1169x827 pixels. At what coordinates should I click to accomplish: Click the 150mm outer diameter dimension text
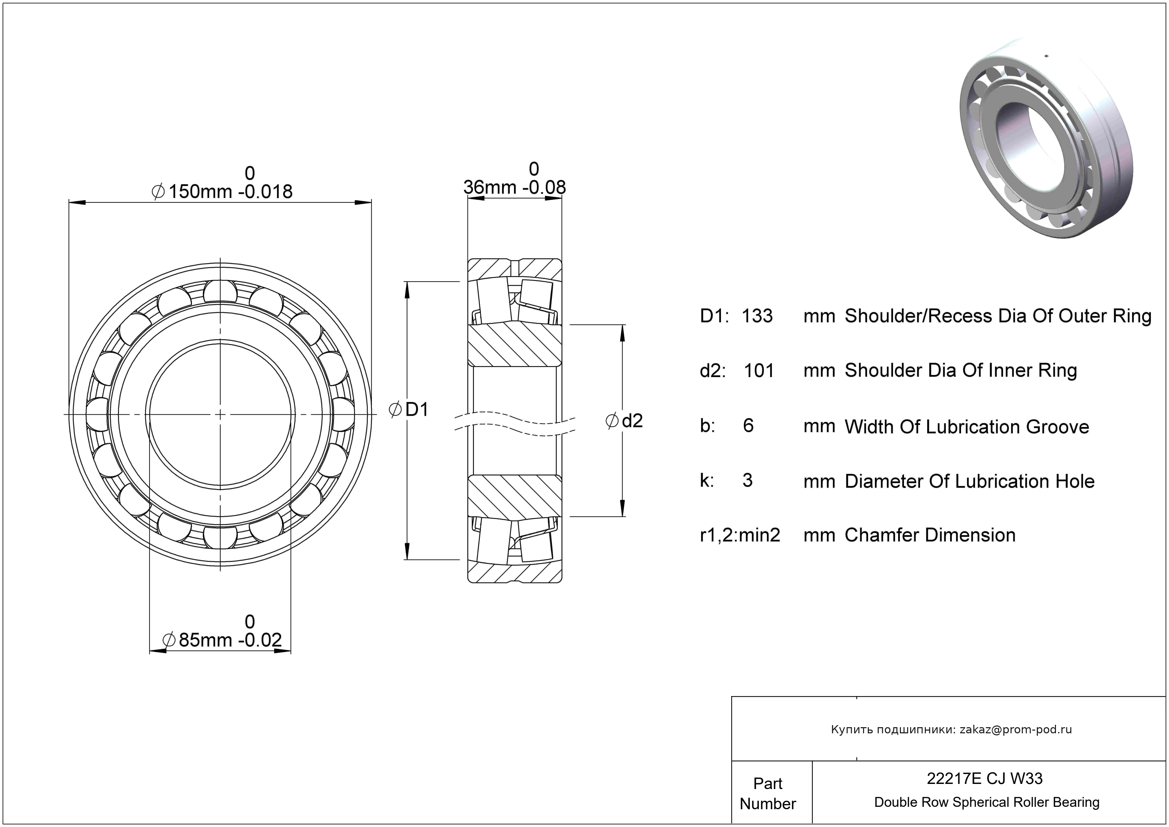(223, 191)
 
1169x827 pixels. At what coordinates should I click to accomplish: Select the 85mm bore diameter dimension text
(222, 640)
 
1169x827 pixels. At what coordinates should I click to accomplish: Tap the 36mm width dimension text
(514, 187)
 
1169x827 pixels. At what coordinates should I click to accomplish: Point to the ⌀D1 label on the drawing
(409, 409)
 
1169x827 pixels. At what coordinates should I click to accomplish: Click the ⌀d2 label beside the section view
(624, 421)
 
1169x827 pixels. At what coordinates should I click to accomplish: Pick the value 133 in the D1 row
(757, 316)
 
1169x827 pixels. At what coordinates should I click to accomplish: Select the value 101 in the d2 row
(759, 371)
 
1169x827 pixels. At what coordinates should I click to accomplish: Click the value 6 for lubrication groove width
(748, 426)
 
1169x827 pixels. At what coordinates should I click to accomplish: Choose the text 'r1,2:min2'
(740, 535)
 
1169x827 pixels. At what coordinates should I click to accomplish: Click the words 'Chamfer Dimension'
(930, 535)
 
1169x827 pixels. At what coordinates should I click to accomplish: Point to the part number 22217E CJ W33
(984, 778)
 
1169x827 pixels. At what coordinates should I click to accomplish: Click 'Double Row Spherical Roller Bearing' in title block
(986, 802)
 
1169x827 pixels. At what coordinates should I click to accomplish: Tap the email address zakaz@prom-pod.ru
(1015, 729)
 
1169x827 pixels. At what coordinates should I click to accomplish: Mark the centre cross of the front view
(220, 415)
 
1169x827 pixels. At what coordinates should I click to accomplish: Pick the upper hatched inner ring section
(514, 345)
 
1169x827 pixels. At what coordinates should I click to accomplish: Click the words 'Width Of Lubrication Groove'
(966, 427)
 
